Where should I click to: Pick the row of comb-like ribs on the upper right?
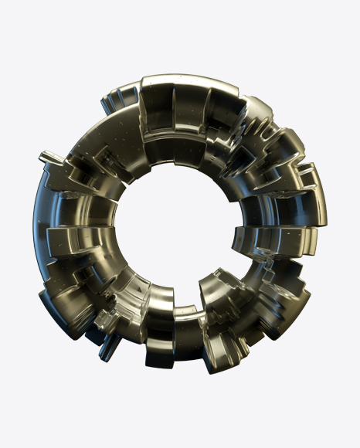coord(263,124)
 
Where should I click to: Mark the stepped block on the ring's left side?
coord(62,239)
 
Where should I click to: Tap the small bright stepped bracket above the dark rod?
coord(108,321)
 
